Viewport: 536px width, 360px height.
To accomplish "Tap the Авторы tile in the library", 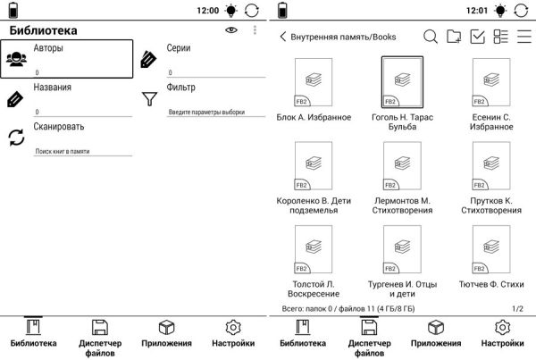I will coord(67,59).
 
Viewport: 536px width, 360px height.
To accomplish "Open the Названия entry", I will coord(53,88).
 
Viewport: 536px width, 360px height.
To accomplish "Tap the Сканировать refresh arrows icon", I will coord(16,138).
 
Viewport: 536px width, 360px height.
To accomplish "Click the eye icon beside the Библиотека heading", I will coord(231,30).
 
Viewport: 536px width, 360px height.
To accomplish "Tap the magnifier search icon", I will coord(430,37).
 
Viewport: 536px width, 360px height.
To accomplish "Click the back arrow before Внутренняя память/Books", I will coord(283,37).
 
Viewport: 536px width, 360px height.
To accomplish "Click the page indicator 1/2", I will coord(518,308).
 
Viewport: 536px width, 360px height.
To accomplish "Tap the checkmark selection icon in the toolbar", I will coord(477,37).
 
